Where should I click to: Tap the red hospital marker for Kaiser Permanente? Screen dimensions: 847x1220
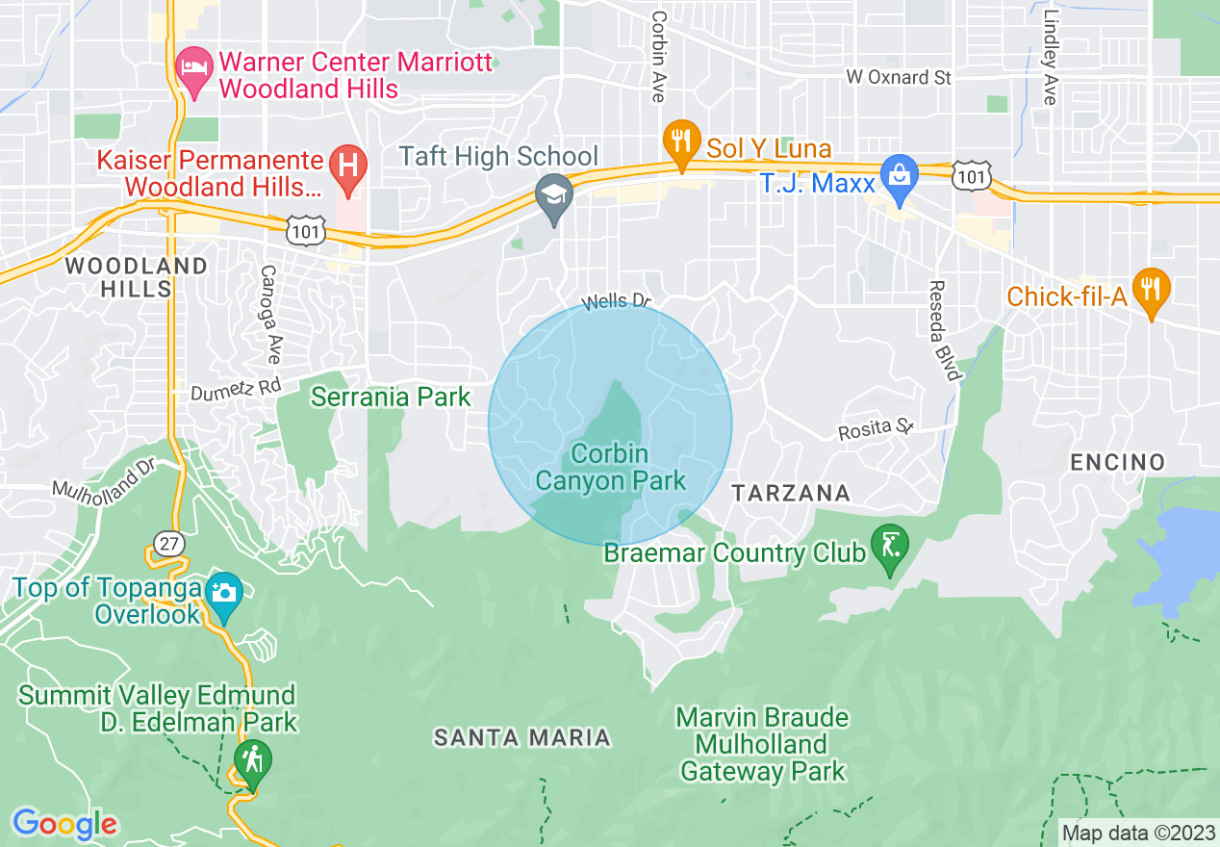(x=347, y=167)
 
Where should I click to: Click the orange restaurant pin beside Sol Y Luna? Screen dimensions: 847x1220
(x=681, y=144)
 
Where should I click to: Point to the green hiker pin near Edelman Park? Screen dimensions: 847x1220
(x=252, y=763)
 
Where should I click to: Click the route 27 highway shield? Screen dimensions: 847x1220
(x=169, y=544)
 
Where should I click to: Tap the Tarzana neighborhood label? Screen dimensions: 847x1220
(x=791, y=494)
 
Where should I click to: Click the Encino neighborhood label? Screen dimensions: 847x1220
(x=1118, y=463)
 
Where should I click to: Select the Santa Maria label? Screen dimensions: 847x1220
(x=521, y=738)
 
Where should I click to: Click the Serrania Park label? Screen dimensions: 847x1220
(x=391, y=397)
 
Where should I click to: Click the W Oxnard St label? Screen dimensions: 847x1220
(x=899, y=77)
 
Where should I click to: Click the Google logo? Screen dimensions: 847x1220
(x=64, y=824)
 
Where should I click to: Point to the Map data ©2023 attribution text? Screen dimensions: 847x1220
(x=1136, y=832)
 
